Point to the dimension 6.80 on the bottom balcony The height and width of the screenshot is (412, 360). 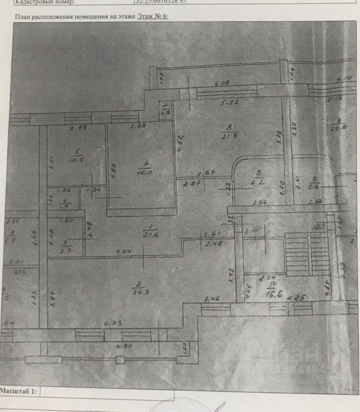(x=124, y=345)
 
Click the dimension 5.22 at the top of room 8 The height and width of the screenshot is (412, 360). (x=230, y=103)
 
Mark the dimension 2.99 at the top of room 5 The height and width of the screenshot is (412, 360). (x=78, y=127)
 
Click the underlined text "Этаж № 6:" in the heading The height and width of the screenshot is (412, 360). (x=153, y=16)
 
